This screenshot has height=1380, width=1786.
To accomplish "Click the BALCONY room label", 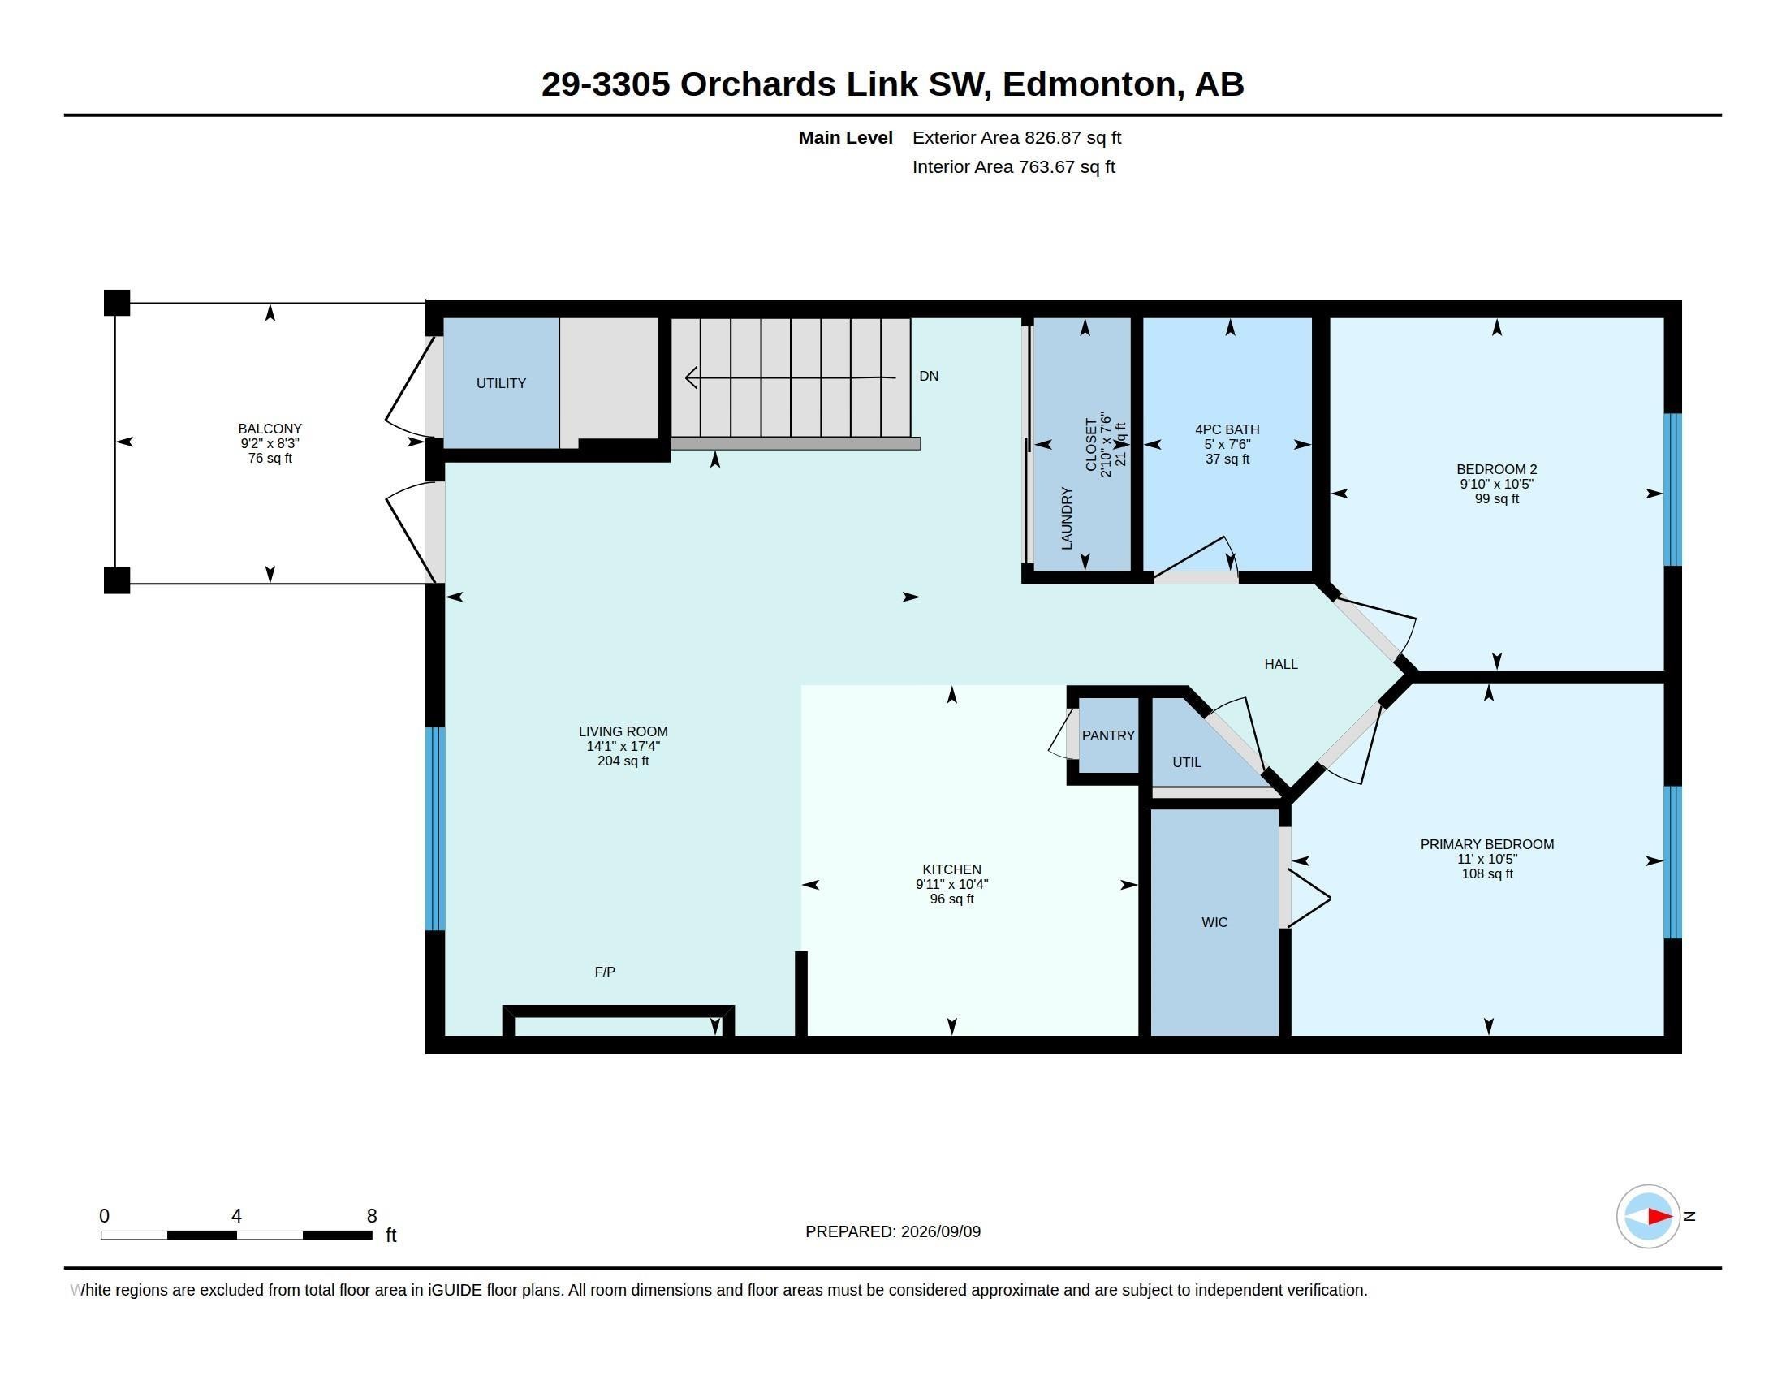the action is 270,429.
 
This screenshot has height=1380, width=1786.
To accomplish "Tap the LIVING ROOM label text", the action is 623,731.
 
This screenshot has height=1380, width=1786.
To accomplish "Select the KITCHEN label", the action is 952,870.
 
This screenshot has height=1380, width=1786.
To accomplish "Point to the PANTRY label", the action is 1108,735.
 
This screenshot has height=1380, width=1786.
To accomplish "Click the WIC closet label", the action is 1214,922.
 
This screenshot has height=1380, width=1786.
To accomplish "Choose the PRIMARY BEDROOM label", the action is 1486,844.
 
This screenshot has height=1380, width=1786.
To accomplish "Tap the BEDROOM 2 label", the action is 1496,469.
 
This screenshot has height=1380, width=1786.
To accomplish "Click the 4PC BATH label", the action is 1227,429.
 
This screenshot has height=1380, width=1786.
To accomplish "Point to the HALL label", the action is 1280,665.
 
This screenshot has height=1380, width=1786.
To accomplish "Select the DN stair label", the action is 928,376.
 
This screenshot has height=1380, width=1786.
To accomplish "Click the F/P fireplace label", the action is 605,972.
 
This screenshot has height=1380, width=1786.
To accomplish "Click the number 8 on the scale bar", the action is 371,1216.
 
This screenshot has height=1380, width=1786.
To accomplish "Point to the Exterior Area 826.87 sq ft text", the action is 1016,138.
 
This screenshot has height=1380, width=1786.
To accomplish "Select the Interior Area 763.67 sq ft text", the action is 1013,166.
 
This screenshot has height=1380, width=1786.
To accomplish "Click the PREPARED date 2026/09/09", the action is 940,1231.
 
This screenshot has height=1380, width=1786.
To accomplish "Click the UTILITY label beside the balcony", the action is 501,383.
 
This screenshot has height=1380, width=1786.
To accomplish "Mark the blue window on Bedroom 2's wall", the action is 1673,489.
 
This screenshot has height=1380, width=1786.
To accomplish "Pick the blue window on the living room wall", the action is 436,829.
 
